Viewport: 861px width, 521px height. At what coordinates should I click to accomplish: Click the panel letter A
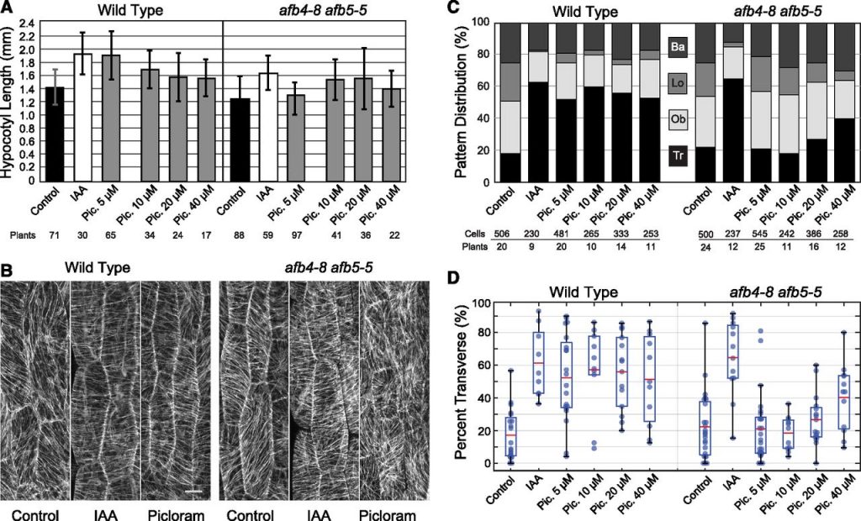click(x=7, y=8)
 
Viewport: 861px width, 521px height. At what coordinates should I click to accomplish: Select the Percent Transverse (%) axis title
click(x=461, y=382)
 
